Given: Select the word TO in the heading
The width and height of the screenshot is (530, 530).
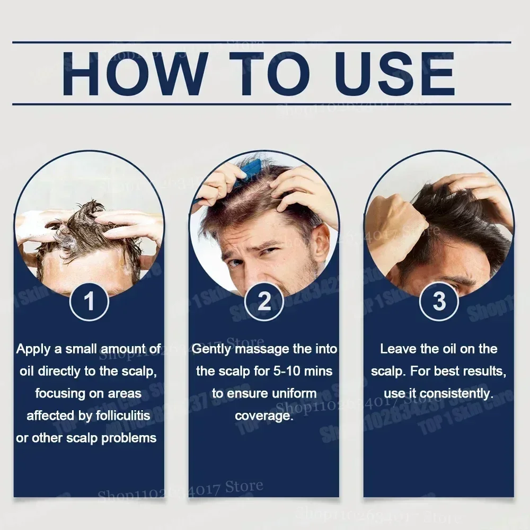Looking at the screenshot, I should pos(261,73).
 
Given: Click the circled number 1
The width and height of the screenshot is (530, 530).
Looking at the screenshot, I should pos(90,302).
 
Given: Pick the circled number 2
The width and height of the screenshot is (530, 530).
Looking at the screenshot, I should pos(264,302).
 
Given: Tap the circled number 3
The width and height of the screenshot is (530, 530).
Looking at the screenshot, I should pos(439,302).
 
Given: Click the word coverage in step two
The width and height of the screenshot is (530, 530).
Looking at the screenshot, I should pos(264,416).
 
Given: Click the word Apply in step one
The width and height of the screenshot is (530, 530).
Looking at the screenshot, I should pos(33,349).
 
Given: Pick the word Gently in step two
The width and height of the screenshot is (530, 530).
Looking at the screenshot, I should pos(211,349).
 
